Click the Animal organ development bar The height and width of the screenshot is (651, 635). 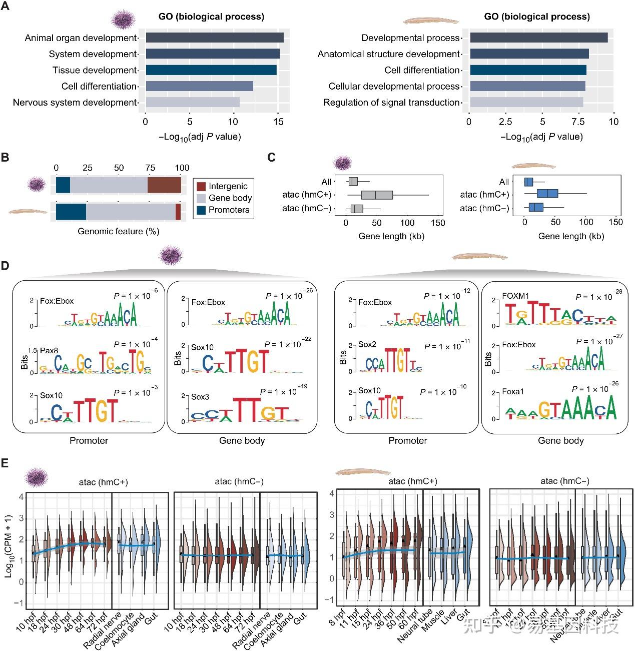tap(214, 38)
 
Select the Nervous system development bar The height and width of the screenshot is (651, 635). tap(192, 102)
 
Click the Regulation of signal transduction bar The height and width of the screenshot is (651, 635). tap(526, 102)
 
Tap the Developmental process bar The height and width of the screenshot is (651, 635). tap(538, 38)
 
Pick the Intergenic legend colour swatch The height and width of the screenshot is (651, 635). tap(201, 186)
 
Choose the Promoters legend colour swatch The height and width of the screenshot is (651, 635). tap(201, 210)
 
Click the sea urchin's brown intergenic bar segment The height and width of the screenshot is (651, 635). tap(164, 185)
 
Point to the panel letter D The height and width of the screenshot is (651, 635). tap(6, 266)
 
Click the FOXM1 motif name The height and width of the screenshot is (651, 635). tap(515, 296)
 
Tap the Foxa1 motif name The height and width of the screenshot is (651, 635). tap(513, 392)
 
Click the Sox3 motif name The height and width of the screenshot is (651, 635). tap(200, 397)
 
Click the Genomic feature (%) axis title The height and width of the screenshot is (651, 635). tap(119, 231)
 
